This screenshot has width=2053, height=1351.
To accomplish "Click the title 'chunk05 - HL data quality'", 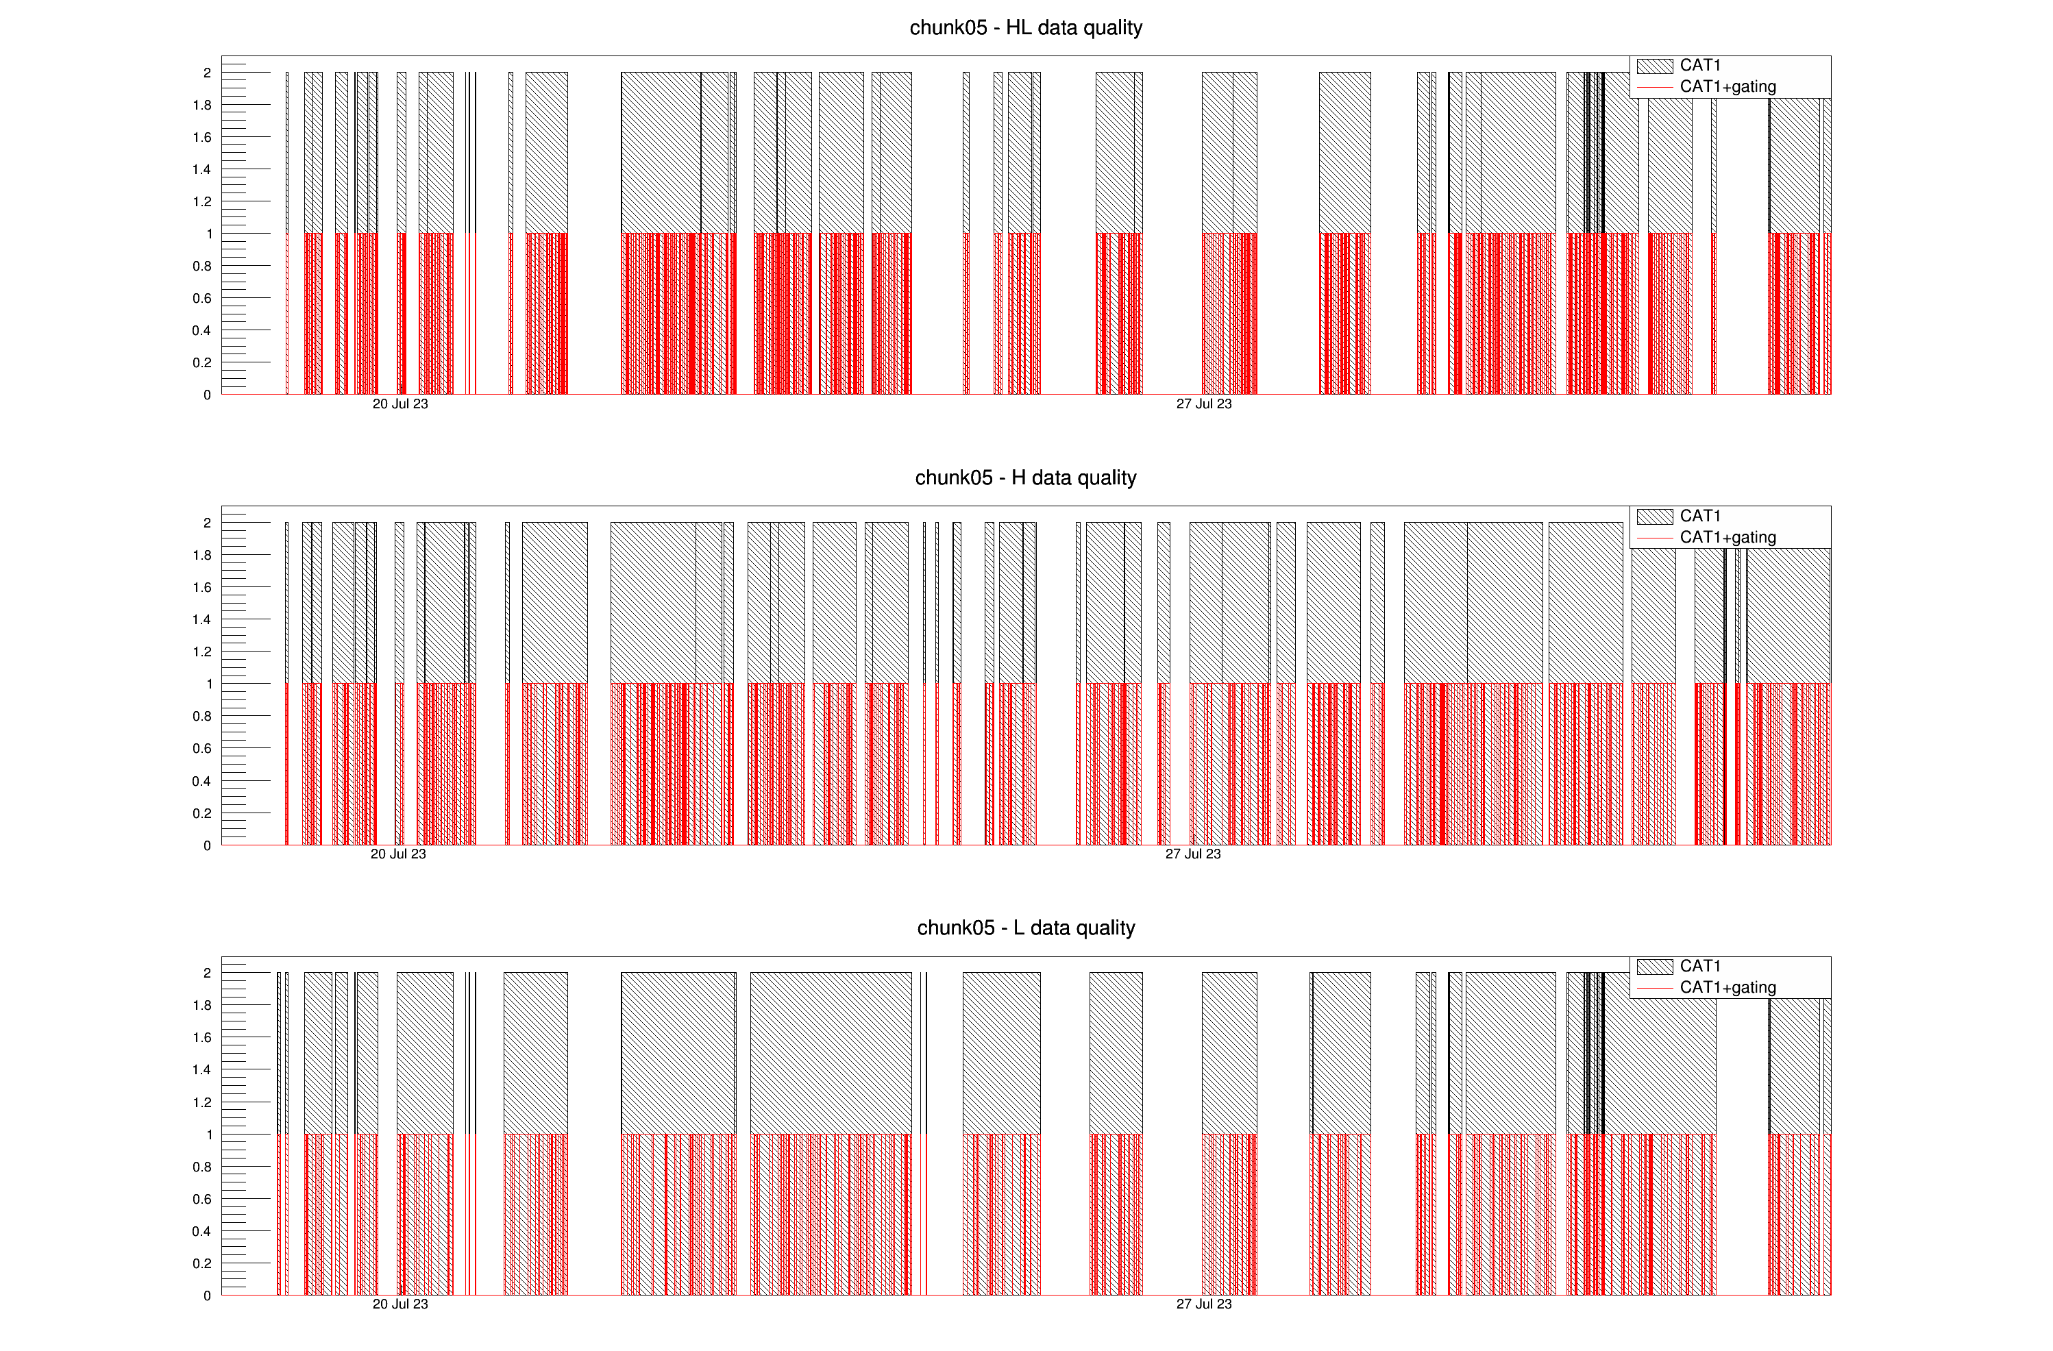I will tap(1026, 27).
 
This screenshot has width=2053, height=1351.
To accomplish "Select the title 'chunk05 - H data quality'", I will tap(1026, 478).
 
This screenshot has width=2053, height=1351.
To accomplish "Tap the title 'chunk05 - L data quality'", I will tap(1026, 928).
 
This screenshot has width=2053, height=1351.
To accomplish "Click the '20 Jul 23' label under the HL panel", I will tap(400, 404).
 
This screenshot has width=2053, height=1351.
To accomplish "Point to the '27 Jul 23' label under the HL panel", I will tap(1203, 404).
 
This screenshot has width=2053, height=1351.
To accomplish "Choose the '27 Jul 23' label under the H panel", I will tap(1193, 854).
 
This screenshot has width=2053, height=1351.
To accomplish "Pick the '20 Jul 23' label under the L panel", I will tap(400, 1304).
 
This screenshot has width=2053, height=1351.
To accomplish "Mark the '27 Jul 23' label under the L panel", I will tap(1203, 1304).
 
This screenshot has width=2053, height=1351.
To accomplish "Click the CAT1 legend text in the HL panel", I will tap(1700, 66).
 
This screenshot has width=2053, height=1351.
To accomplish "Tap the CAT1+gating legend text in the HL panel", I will tap(1728, 87).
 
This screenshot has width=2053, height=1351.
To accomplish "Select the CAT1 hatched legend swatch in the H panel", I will tap(1654, 517).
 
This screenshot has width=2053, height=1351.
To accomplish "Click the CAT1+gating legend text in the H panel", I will tap(1728, 538).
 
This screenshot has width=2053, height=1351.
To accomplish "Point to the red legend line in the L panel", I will tap(1654, 988).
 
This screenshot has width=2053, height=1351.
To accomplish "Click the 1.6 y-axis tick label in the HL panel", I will tap(202, 137).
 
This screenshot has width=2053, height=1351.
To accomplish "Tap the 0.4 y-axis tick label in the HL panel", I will tap(202, 330).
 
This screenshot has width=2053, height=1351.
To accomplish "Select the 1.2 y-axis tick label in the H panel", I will tap(202, 652).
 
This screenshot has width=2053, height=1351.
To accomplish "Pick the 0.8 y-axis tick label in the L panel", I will tap(202, 1167).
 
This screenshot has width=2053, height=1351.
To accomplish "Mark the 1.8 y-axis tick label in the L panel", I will tap(202, 1005).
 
